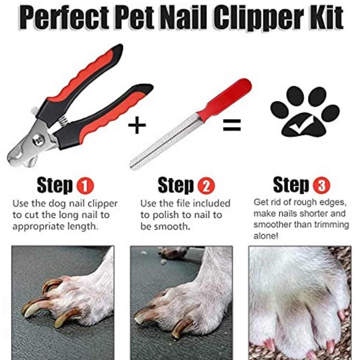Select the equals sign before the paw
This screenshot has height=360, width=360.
coord(232,125)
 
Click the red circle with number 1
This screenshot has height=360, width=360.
coord(85,186)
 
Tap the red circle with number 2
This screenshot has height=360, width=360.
coord(206,186)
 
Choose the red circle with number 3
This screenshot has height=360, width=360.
coord(321,185)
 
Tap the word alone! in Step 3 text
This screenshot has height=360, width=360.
coord(266,236)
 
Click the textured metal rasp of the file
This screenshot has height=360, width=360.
coord(163,144)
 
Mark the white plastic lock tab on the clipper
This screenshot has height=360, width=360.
coord(34,110)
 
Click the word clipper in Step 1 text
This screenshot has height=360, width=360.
coord(102,204)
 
